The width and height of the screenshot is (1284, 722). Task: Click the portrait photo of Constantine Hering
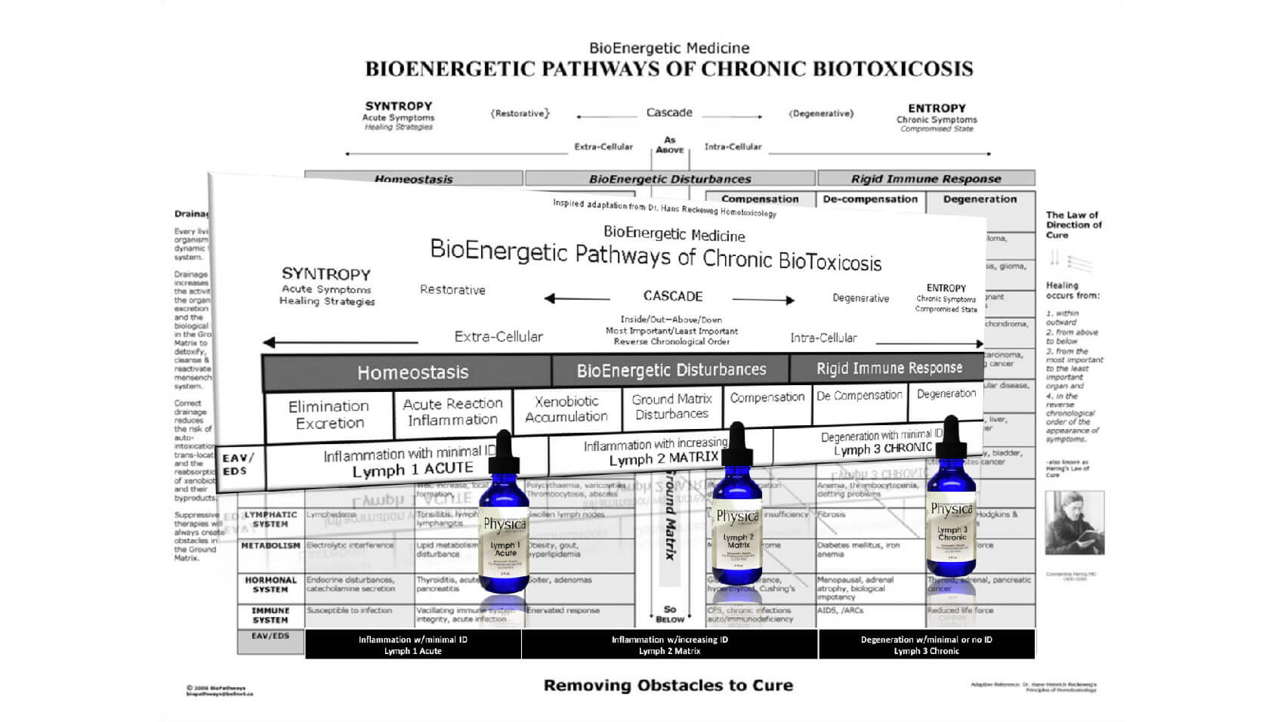click(x=1074, y=523)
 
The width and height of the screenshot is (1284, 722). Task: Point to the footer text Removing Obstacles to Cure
click(x=668, y=686)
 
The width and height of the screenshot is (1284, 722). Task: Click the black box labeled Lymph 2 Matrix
click(x=669, y=644)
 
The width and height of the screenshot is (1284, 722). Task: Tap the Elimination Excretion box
click(x=329, y=415)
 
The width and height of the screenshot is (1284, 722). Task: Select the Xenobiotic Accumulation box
click(x=566, y=409)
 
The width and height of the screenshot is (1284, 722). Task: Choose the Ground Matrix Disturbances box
click(x=671, y=406)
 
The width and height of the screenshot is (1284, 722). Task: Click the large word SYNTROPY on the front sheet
click(x=326, y=274)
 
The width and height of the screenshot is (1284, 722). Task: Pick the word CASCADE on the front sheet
click(x=673, y=296)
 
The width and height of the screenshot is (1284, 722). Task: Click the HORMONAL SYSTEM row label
click(x=270, y=585)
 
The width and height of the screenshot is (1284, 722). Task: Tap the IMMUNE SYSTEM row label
click(x=270, y=615)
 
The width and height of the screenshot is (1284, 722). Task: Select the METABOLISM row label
click(x=270, y=545)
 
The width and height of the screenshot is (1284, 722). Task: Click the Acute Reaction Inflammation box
click(x=452, y=412)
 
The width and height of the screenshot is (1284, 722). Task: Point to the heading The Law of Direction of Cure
click(x=1073, y=225)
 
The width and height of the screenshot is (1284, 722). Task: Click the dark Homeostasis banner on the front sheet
click(x=412, y=372)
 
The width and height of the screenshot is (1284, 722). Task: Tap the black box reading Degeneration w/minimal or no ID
click(x=926, y=644)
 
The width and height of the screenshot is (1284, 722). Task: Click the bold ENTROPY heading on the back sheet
click(x=937, y=108)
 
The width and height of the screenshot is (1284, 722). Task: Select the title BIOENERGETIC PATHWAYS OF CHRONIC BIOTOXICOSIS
click(x=669, y=69)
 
